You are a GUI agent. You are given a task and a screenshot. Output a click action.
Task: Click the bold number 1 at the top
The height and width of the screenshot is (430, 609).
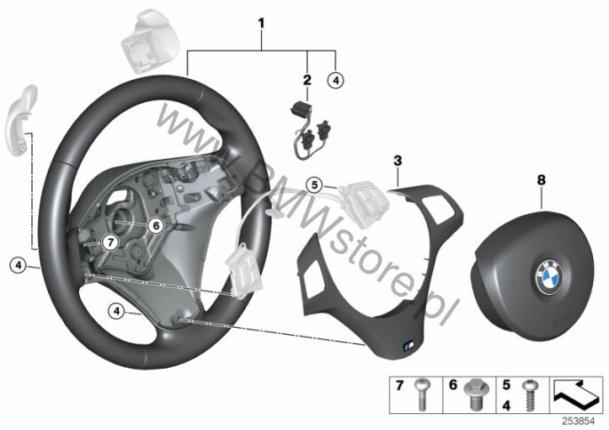pyautogui.click(x=261, y=23)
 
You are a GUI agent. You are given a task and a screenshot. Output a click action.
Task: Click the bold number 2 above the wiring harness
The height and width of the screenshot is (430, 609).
pyautogui.click(x=307, y=80)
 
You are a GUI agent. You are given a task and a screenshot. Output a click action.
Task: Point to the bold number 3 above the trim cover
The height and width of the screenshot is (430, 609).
pyautogui.click(x=398, y=160)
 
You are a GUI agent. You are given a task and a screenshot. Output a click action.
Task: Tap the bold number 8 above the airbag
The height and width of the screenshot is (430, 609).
pyautogui.click(x=541, y=180)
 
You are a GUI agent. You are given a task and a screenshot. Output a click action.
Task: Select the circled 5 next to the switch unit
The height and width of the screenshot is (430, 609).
pyautogui.click(x=314, y=185)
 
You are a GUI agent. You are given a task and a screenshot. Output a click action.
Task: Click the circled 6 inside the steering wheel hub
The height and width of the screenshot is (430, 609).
pyautogui.click(x=155, y=225)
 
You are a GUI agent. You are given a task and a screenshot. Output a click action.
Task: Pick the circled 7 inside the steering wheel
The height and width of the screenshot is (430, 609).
pyautogui.click(x=111, y=243)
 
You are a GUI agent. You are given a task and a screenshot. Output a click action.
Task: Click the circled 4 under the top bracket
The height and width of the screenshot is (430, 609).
pyautogui.click(x=336, y=81)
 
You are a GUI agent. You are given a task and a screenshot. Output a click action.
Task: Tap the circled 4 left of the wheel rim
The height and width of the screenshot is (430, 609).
pyautogui.click(x=18, y=266)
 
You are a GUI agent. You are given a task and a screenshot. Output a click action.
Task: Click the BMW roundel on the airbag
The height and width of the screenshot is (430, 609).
pyautogui.click(x=550, y=276)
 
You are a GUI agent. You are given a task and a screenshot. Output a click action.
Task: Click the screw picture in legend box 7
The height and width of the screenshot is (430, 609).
pyautogui.click(x=422, y=394)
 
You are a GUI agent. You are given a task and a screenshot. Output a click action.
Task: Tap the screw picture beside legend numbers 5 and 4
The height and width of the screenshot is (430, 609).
pyautogui.click(x=530, y=395)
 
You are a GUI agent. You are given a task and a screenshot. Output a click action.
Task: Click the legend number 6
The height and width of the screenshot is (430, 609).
pyautogui.click(x=454, y=385)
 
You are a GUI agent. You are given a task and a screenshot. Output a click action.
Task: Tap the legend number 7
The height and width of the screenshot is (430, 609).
pyautogui.click(x=399, y=386)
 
